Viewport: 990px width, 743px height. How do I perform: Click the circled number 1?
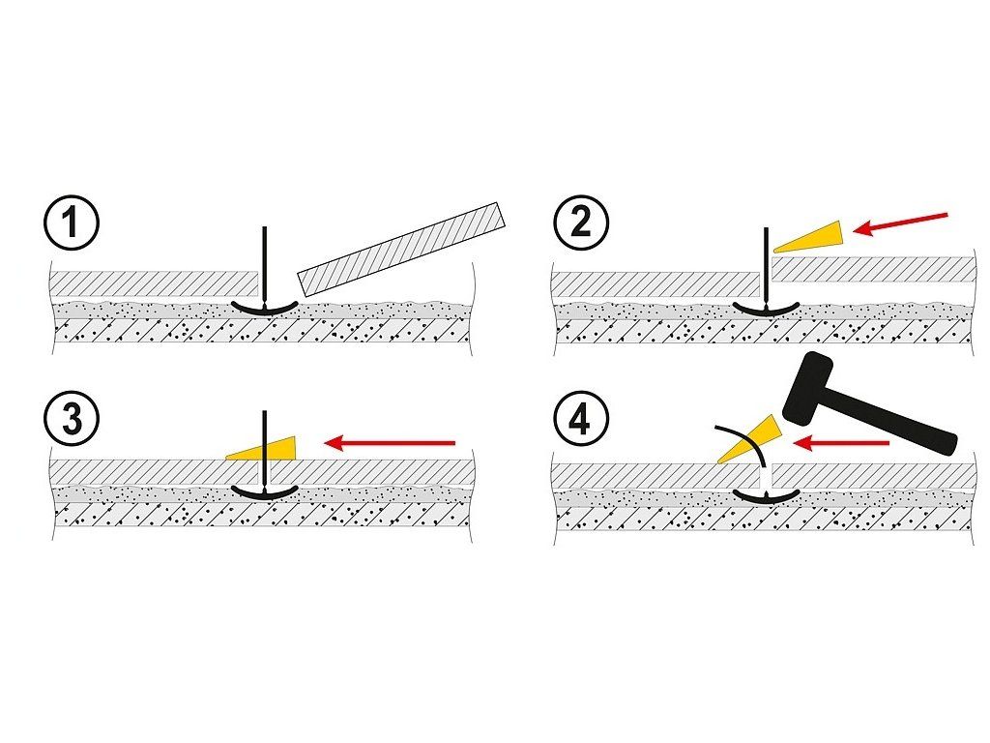(x=72, y=224)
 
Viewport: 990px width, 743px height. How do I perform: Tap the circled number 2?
(x=581, y=224)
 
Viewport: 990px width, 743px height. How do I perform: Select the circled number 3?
(x=72, y=420)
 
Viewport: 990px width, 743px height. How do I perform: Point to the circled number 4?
(x=581, y=420)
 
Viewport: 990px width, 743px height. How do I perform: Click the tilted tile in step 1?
(x=402, y=249)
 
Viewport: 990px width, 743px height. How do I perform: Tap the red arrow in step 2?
(x=900, y=223)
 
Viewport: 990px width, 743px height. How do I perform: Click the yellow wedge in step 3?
(x=261, y=447)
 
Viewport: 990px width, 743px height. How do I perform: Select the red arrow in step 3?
(x=390, y=443)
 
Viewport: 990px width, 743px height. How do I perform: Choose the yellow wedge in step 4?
(x=749, y=439)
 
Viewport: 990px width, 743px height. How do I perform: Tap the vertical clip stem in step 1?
(x=265, y=265)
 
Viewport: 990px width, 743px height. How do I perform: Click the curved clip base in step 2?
(x=767, y=308)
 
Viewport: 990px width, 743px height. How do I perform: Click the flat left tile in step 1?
(x=155, y=283)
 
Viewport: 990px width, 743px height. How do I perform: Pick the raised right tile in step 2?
(x=873, y=269)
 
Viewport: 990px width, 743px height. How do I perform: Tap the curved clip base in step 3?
(x=265, y=491)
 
